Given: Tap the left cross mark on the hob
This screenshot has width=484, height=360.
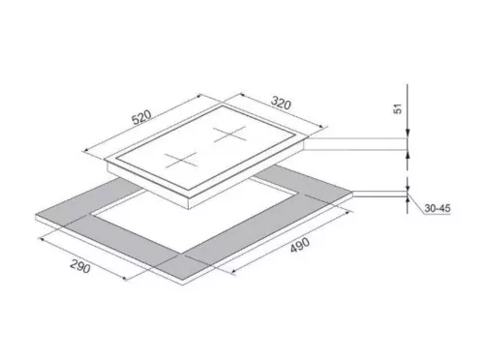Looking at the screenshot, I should coord(180,159).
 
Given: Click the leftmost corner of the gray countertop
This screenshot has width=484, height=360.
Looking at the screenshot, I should coord(36,215).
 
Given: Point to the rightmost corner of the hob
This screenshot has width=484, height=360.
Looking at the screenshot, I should coord(314,137).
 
